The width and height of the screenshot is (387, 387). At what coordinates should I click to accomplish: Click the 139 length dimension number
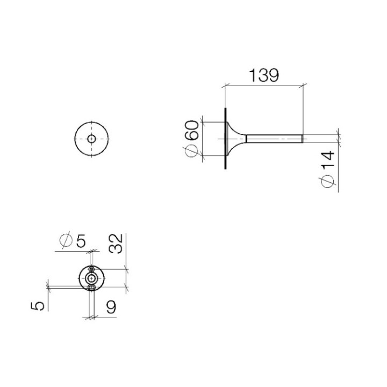coord(263,75)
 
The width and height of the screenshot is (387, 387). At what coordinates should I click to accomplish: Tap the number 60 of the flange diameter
coord(192,131)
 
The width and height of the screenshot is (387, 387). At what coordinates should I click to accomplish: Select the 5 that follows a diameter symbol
coord(81,241)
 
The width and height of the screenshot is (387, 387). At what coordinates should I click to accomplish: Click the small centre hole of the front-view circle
coord(92,139)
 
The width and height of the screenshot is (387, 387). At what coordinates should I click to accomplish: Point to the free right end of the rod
coord(304,139)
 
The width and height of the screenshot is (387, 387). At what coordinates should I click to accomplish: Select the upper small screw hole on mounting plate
coord(92,269)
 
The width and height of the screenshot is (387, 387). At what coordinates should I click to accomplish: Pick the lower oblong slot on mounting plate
coord(92,288)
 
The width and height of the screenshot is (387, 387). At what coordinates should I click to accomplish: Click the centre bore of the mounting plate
coord(92,278)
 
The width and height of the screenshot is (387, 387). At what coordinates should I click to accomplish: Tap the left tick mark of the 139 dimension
coord(223,84)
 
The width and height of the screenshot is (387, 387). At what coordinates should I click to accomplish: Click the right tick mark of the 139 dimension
coord(305,84)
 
